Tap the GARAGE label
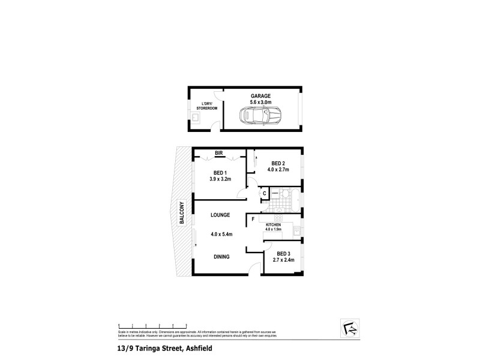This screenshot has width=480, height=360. [x=260, y=96]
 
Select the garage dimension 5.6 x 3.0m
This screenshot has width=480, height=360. [x=260, y=102]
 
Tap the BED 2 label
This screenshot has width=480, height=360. [x=277, y=163]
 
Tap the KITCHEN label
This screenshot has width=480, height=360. [x=274, y=224]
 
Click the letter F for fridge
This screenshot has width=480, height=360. [x=253, y=219]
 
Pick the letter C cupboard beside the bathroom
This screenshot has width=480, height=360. [x=265, y=193]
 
